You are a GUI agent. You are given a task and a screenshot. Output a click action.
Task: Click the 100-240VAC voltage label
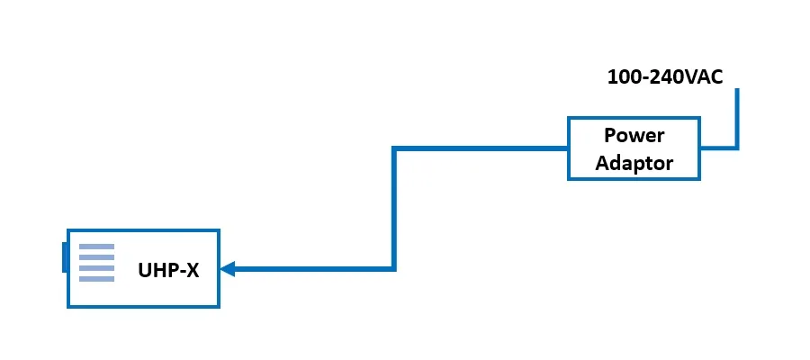[664, 77]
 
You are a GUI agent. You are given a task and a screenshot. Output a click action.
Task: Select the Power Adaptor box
[634, 148]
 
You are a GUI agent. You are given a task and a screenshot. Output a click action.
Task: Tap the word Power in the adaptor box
[634, 136]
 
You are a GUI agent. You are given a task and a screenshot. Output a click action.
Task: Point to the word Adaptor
[634, 163]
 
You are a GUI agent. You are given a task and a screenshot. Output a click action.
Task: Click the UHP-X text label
[168, 269]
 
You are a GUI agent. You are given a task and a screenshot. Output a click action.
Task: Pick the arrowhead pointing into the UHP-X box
[228, 268]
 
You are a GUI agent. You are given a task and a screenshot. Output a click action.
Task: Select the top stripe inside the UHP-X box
[96, 247]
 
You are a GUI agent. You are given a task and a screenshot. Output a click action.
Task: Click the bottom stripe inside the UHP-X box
[96, 278]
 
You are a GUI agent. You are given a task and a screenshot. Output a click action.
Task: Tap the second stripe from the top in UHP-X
[96, 257]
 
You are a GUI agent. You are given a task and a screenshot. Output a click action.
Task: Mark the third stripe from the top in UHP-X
[96, 268]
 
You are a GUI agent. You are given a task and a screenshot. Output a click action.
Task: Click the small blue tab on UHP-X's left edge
[65, 256]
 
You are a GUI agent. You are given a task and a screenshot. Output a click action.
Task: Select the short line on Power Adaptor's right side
[716, 148]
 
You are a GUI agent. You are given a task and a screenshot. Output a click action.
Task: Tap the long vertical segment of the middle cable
[394, 207]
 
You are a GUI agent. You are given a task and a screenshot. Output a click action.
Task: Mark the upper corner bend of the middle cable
[394, 148]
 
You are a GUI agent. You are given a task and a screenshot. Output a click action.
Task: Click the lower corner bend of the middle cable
[394, 268]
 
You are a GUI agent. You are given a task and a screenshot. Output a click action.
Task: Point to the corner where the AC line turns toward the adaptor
[736, 148]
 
